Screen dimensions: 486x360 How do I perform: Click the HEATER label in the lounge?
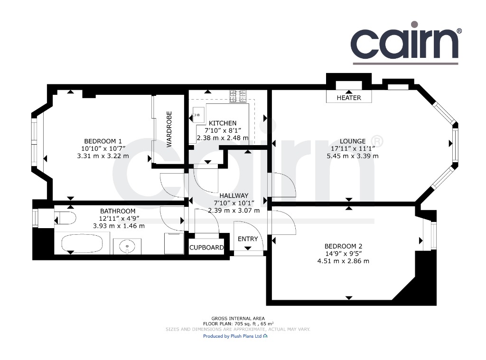349,98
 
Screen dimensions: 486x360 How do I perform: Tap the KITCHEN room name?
223,123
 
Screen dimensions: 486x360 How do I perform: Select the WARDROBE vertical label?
169,129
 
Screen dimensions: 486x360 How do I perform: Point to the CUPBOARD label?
206,248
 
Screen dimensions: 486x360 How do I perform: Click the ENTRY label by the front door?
248,239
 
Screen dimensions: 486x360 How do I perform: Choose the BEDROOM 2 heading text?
343,246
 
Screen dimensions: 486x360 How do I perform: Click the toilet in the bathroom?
65,218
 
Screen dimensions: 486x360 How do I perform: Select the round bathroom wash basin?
127,246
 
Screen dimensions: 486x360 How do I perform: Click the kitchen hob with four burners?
238,96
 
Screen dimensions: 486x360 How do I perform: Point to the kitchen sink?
197,115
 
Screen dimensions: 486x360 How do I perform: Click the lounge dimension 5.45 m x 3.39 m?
353,156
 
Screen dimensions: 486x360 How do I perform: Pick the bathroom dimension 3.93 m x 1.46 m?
119,226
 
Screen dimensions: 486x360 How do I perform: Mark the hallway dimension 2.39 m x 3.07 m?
234,211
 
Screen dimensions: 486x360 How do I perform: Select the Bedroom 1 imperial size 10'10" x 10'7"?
103,148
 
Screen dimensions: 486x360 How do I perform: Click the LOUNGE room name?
353,141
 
